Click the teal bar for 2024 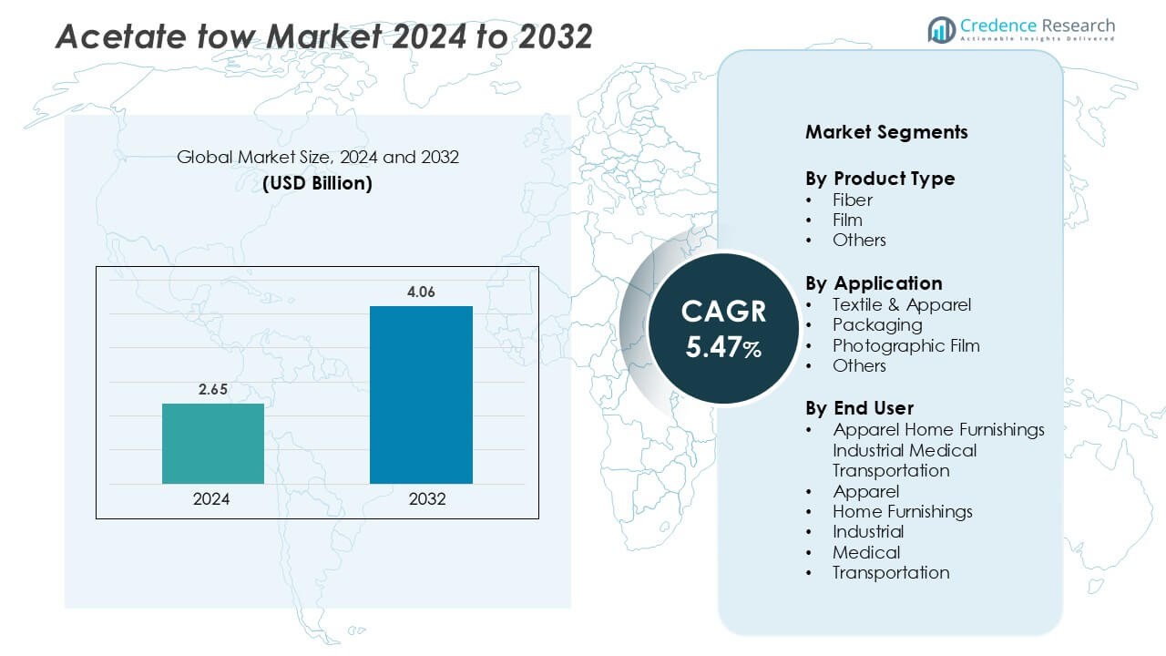tap(213, 444)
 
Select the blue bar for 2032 tap(421, 395)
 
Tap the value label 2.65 tap(213, 390)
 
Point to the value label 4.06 tap(421, 292)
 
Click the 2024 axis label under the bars tap(211, 499)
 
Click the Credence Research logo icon tap(941, 30)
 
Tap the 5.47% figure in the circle tap(723, 347)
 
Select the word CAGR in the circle tap(723, 312)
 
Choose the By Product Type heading tap(880, 179)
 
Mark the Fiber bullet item tap(852, 200)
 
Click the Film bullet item tap(847, 220)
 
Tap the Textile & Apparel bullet tap(902, 304)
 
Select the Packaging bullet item tap(877, 324)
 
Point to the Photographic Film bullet tap(905, 345)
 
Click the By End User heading tap(859, 407)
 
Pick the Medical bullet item tap(865, 552)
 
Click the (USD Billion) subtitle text tap(317, 183)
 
